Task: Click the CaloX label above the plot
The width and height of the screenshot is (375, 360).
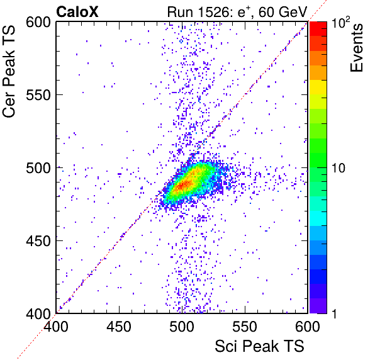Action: coord(77,11)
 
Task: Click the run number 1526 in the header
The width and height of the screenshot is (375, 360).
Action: coord(215,12)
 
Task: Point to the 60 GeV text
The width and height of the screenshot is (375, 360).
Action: coord(283,12)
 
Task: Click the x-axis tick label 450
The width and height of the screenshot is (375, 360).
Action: coord(119,326)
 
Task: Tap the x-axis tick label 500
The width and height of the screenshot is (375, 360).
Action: coord(182,326)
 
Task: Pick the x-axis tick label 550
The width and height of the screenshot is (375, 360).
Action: coord(245,326)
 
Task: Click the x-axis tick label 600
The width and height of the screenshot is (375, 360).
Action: coord(308,326)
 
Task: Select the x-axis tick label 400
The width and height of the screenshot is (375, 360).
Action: coord(56,326)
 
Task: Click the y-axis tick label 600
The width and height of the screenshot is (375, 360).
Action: coord(38,23)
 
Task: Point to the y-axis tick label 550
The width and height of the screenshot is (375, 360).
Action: coord(38,96)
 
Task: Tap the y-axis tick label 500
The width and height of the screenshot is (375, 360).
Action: coord(38,168)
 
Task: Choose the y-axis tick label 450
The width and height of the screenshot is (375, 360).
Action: coord(38,241)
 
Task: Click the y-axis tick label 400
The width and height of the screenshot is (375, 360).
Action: coord(38,313)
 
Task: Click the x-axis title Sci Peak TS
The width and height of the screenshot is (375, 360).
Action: coord(259,346)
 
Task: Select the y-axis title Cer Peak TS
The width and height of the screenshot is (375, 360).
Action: coord(9,71)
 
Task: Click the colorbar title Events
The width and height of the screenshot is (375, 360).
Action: coord(357,48)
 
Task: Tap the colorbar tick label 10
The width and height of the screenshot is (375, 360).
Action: coord(339,168)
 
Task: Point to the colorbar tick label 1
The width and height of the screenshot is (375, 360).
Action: coord(335,313)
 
